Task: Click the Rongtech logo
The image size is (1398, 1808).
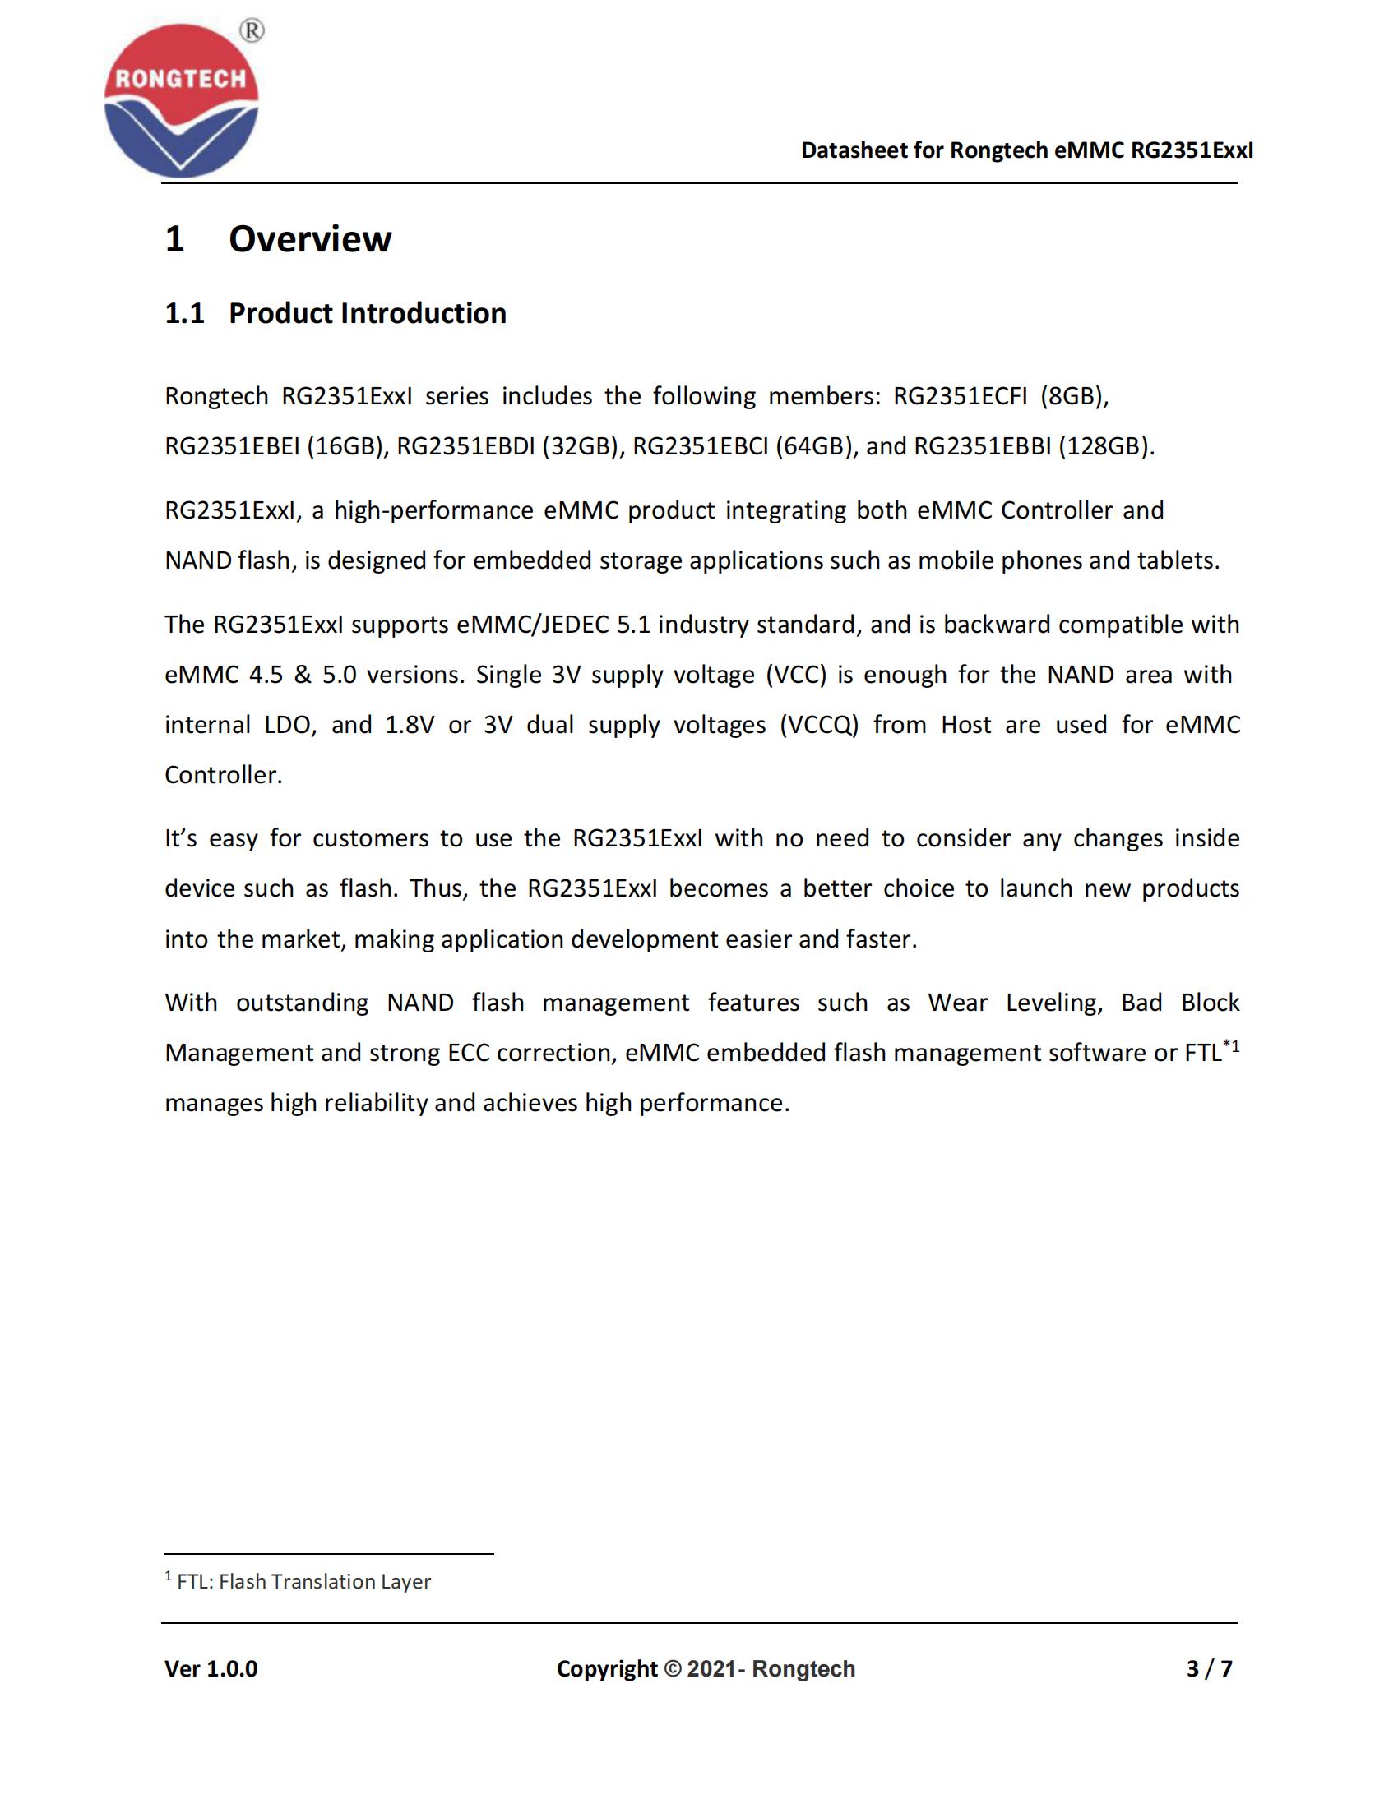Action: point(181,100)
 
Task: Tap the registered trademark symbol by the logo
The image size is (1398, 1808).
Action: point(252,30)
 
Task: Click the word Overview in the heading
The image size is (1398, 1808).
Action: point(310,239)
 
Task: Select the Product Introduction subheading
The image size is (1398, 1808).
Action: point(367,313)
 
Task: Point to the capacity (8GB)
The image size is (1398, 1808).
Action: point(1074,397)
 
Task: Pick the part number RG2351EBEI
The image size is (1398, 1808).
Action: point(232,447)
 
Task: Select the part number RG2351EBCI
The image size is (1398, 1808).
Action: point(701,447)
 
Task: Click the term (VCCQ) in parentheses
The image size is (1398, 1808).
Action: point(819,725)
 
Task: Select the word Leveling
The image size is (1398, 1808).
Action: point(1053,1003)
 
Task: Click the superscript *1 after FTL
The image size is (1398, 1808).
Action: point(1231,1046)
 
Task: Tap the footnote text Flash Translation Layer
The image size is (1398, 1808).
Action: point(325,1582)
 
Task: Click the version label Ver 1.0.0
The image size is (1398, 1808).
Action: point(211,1669)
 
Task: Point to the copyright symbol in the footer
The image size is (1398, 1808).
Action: point(673,1669)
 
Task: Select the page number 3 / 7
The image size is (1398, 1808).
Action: point(1209,1669)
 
